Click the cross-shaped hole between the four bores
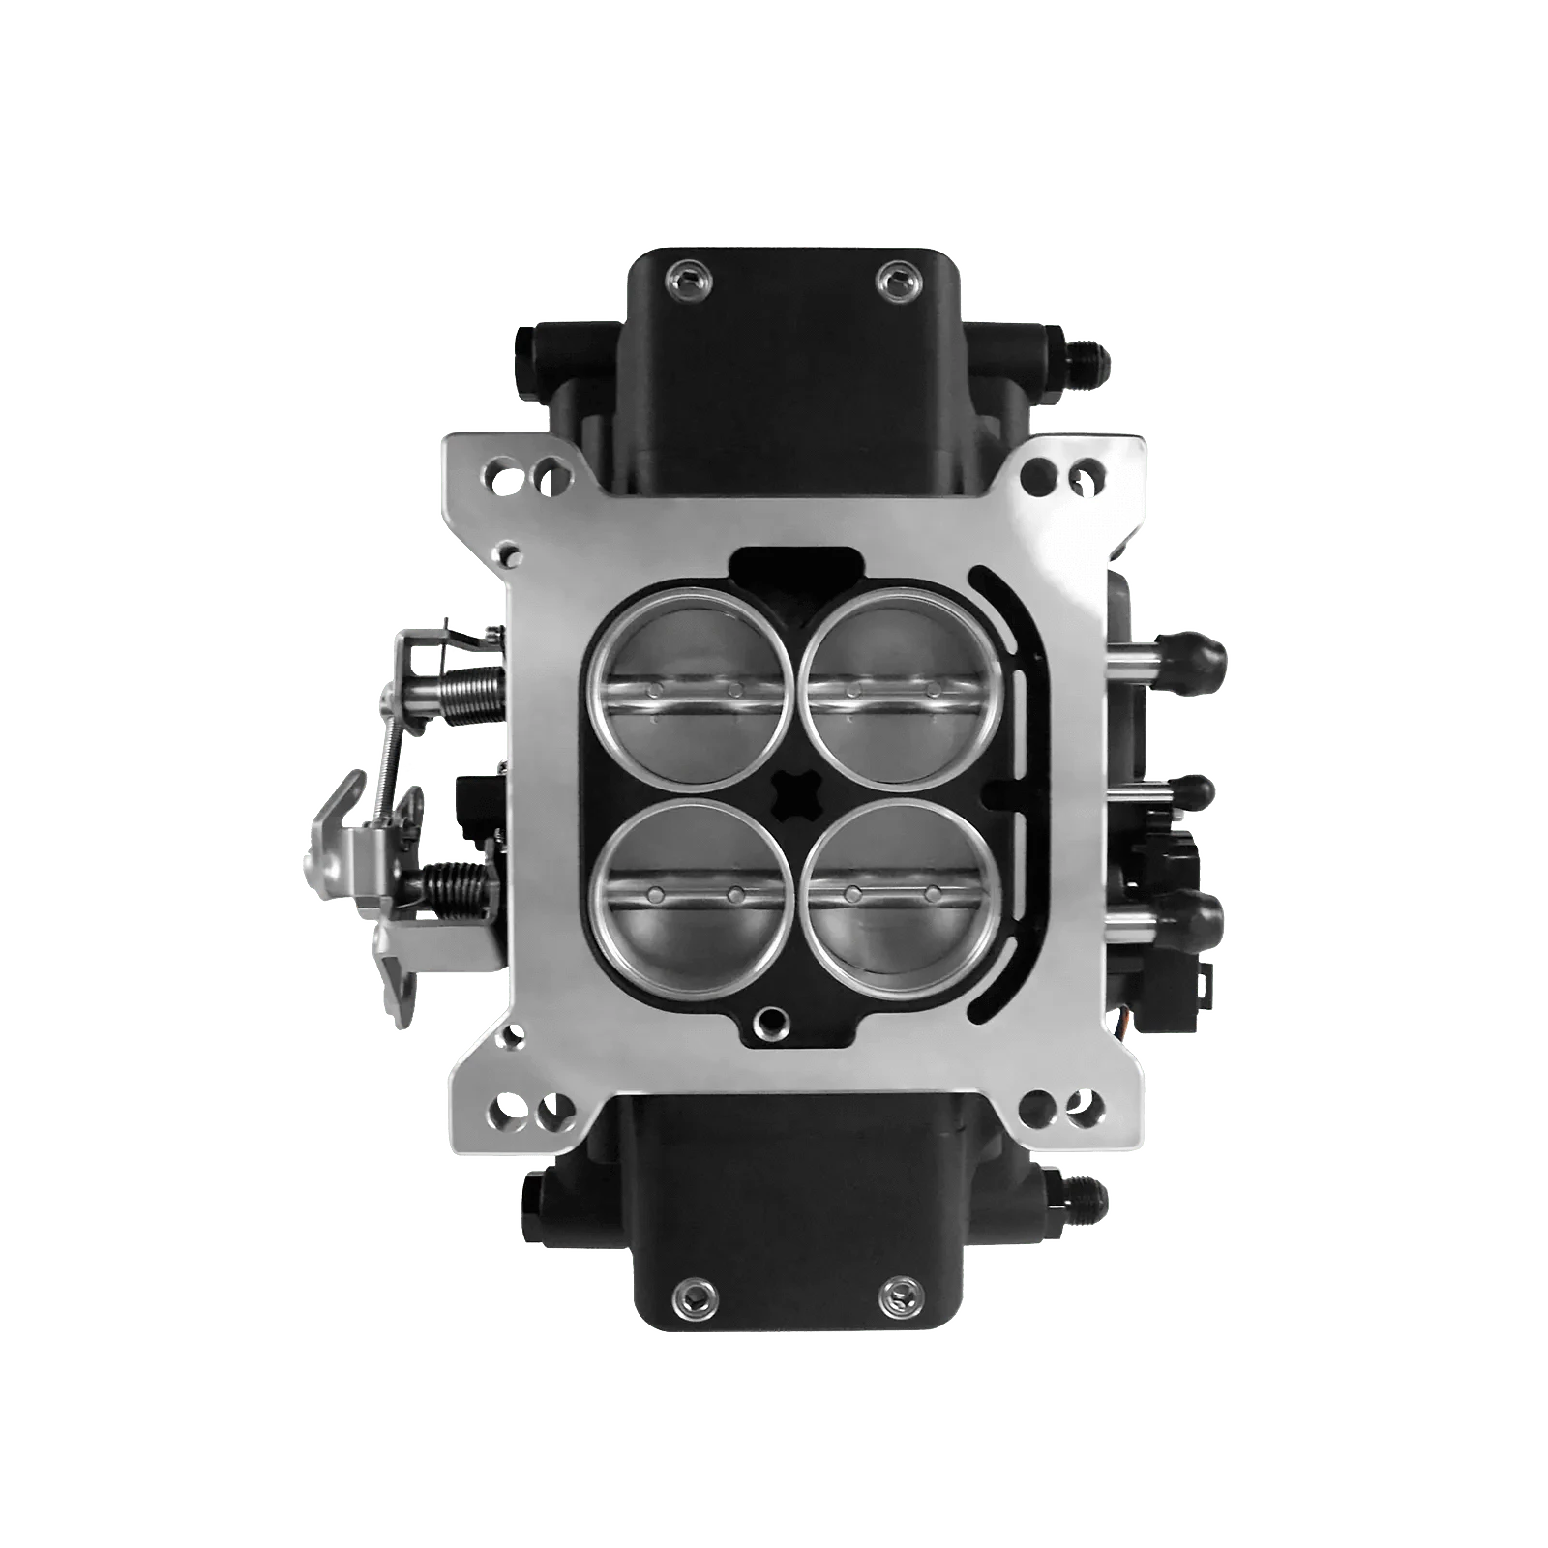[791, 791]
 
